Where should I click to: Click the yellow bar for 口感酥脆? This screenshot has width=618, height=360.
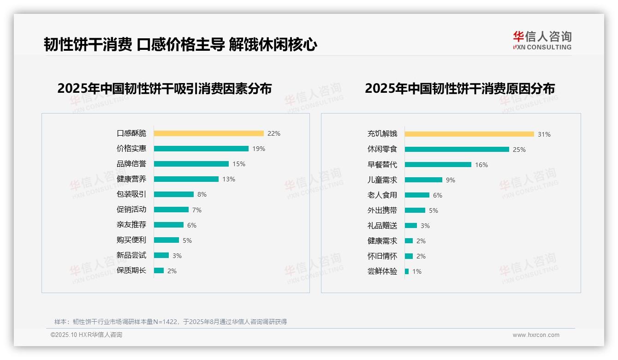point(208,133)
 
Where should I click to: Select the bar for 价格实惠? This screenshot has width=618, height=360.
point(201,149)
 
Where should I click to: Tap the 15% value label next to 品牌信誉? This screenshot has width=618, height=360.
point(239,164)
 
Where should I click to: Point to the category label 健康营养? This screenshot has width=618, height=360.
point(131,179)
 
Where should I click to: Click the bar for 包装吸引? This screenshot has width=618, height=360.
point(174,194)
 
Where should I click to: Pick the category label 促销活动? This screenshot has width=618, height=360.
point(131,210)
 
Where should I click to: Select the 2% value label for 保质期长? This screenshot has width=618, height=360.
point(172,271)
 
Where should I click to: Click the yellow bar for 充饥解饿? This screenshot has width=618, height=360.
point(469,134)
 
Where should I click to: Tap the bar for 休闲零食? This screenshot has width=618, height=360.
point(457,150)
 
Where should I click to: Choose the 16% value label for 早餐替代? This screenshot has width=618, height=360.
point(481,165)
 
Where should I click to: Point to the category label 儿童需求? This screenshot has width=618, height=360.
point(382,180)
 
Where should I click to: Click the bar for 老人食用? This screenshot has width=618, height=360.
point(417,195)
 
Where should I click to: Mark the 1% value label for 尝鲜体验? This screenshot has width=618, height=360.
point(417,271)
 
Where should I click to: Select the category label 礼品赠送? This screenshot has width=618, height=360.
point(382,226)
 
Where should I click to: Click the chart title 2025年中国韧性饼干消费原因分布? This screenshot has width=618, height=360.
point(460,89)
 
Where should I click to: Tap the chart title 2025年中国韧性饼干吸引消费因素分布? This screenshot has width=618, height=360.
point(165,89)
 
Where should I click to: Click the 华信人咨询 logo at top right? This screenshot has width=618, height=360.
point(542,41)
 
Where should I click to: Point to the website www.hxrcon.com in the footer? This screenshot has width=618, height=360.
point(536,335)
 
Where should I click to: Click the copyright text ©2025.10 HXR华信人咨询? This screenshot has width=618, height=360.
point(86,335)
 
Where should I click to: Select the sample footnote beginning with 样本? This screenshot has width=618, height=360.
point(171,322)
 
